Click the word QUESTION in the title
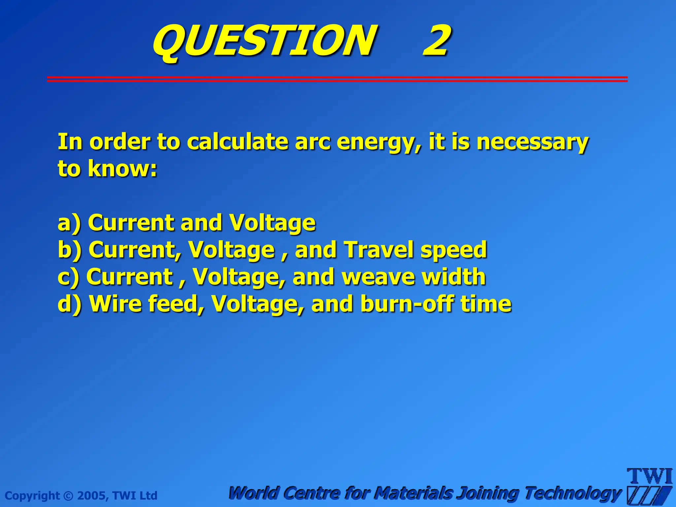tap(264, 41)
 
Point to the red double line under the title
tap(337, 79)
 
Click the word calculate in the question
tap(238, 142)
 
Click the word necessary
tap(532, 142)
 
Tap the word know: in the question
tap(122, 169)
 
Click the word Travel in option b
tap(378, 250)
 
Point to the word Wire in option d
tap(116, 304)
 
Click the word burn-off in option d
tap(406, 304)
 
